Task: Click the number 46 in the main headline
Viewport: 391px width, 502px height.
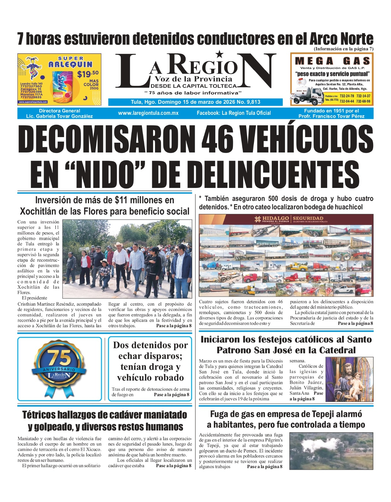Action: coord(218,138)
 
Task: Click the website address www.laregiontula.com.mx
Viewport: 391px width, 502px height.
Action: coord(148,113)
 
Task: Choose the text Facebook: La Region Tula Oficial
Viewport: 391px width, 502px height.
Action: coord(234,113)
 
